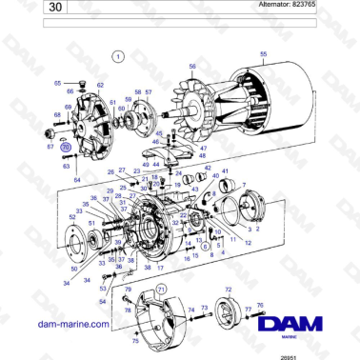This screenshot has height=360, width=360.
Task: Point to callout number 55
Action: pyautogui.click(x=263, y=54)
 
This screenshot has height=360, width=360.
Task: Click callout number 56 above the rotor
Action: pyautogui.click(x=191, y=67)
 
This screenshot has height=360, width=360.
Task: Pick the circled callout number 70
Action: pyautogui.click(x=65, y=148)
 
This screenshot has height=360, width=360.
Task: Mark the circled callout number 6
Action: pyautogui.click(x=206, y=247)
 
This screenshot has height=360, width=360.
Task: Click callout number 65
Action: pyautogui.click(x=57, y=84)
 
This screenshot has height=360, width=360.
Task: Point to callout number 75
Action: pyautogui.click(x=135, y=340)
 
